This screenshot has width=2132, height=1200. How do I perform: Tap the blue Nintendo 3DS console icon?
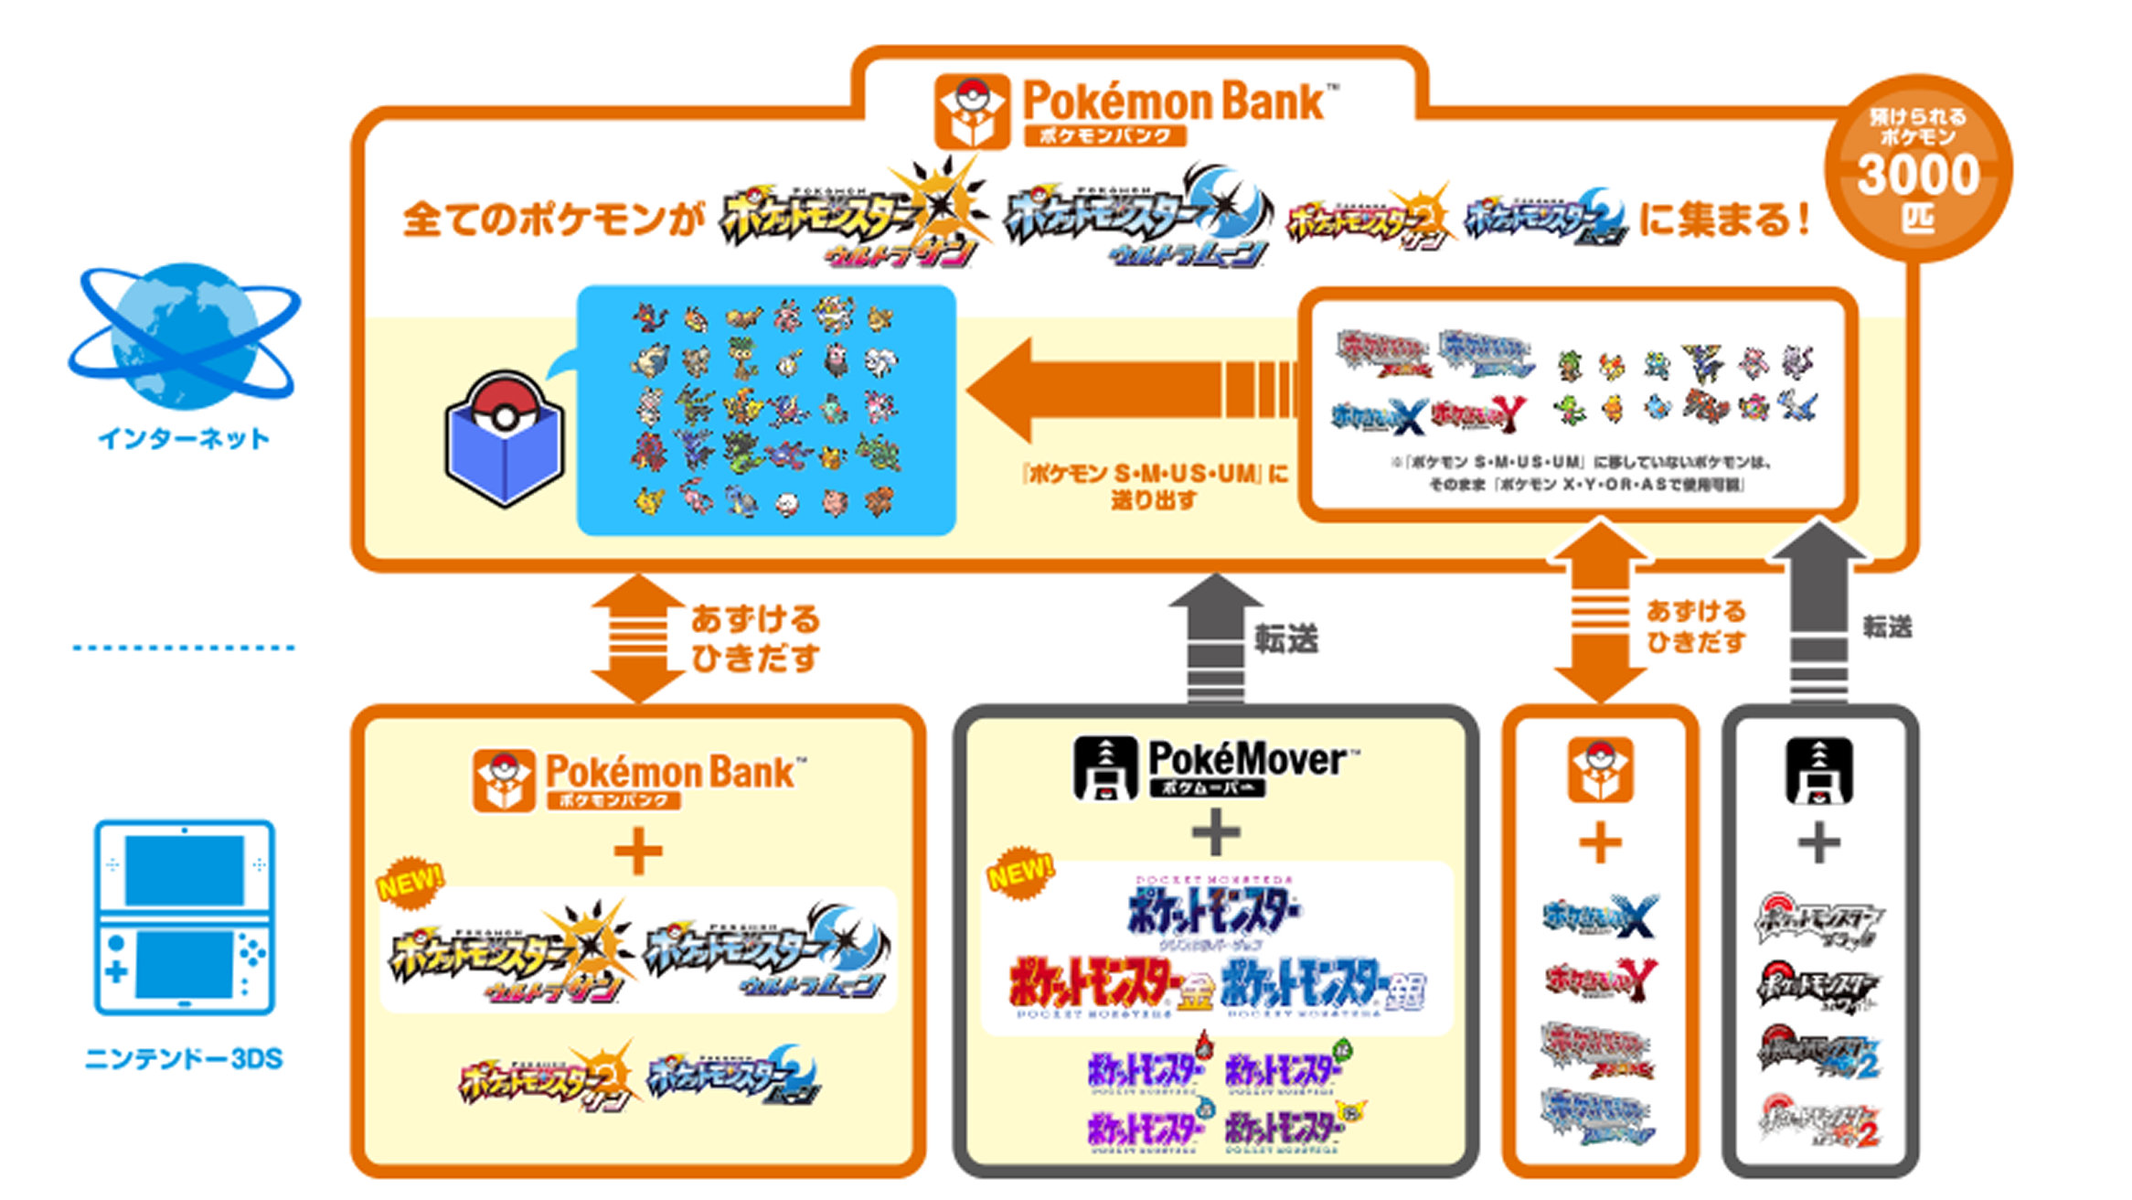185,917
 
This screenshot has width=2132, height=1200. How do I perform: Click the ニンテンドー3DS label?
184,1059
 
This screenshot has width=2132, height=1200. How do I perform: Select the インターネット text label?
184,439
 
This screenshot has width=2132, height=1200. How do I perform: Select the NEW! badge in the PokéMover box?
1020,873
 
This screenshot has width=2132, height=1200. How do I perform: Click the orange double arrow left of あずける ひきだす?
638,638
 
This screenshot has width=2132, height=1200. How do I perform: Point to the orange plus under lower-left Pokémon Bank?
638,852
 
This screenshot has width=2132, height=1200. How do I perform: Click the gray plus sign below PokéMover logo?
1216,833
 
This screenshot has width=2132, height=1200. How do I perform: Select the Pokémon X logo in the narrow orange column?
1600,917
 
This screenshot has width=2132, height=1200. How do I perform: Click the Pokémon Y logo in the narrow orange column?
1600,980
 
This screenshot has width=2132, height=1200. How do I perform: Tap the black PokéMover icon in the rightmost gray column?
1819,770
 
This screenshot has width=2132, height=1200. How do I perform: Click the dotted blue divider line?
184,648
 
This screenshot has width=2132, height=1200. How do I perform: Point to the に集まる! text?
1723,220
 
